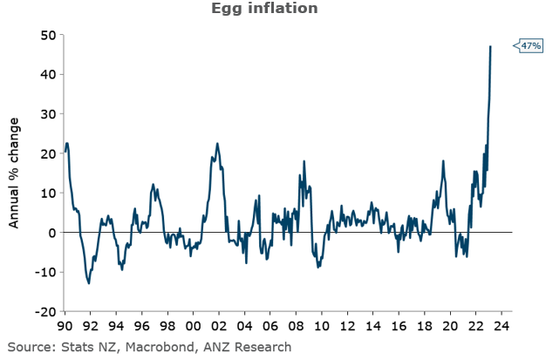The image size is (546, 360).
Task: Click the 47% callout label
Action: (530, 44)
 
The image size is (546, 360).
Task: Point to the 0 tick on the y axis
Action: (51, 233)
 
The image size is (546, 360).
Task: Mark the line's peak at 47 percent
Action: (491, 46)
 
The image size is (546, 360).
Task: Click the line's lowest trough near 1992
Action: (89, 282)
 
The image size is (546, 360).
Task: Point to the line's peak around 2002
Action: (217, 144)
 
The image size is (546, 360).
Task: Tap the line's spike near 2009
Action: (304, 161)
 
